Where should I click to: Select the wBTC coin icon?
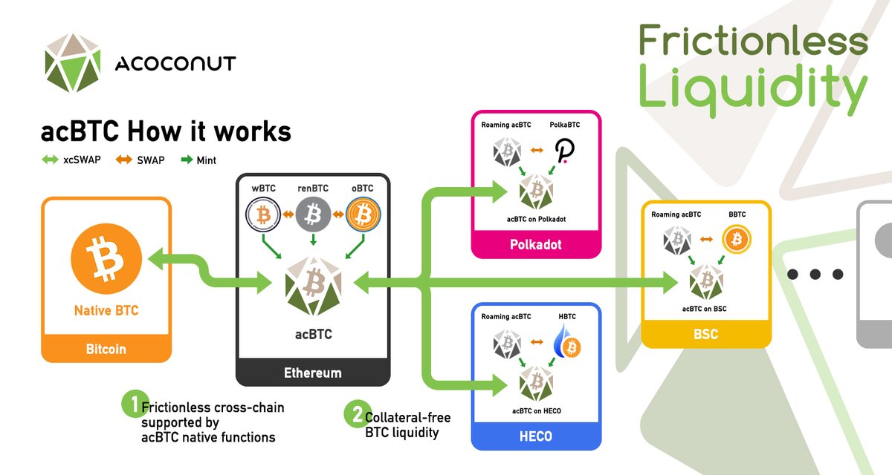click(x=262, y=216)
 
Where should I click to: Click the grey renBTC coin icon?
click(x=313, y=216)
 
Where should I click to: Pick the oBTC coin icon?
click(x=363, y=216)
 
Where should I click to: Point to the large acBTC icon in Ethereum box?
click(x=313, y=284)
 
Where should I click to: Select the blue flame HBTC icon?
click(x=568, y=344)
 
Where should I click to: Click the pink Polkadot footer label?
click(x=536, y=244)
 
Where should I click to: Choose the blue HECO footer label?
click(x=536, y=436)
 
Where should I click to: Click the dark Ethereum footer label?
click(x=313, y=373)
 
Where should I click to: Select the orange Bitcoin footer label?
click(x=106, y=347)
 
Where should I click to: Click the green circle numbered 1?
click(x=131, y=404)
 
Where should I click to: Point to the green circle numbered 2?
click(x=354, y=413)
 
